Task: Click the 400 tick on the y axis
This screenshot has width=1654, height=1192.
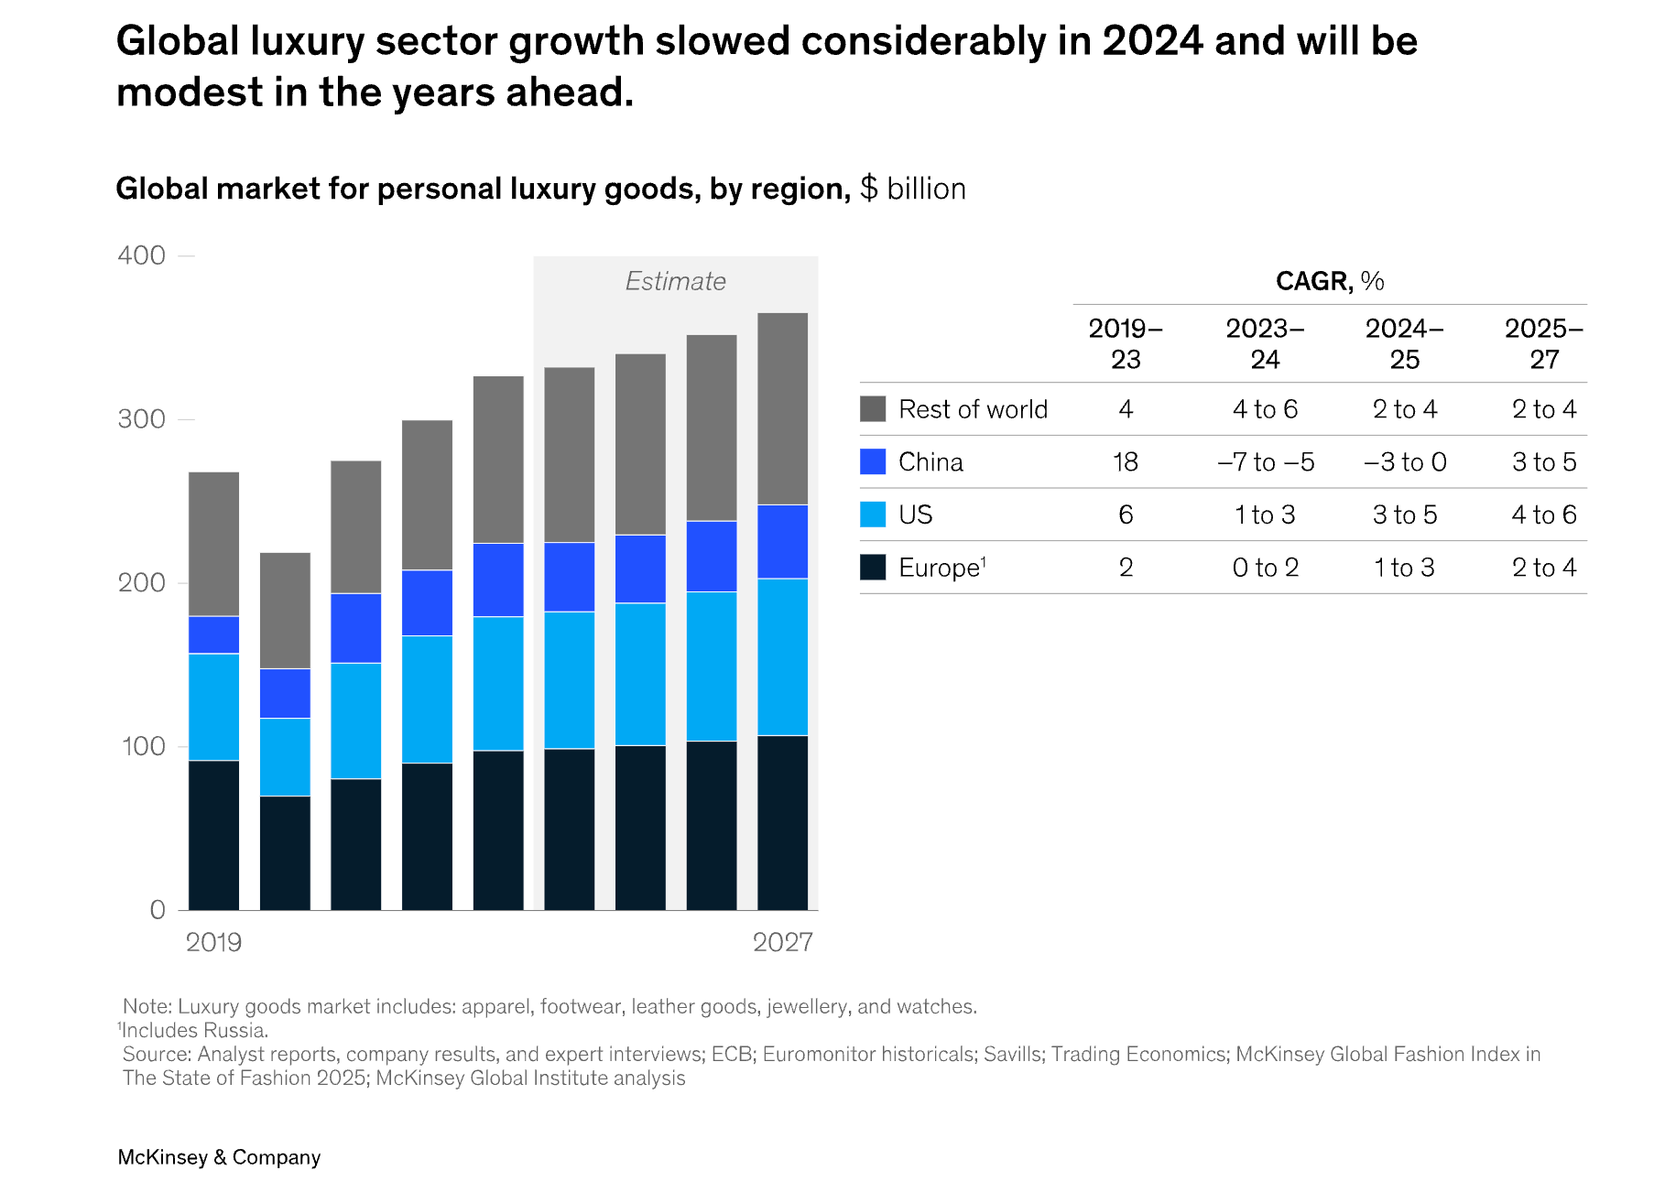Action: click(142, 255)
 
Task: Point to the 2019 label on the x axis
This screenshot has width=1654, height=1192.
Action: click(213, 942)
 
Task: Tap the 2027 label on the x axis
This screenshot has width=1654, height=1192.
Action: click(782, 942)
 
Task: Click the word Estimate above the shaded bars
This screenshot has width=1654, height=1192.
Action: click(675, 281)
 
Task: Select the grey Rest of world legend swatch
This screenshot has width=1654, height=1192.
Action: click(873, 409)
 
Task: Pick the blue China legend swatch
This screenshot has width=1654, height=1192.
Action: click(873, 461)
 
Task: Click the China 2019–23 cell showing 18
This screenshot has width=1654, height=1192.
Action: click(1126, 461)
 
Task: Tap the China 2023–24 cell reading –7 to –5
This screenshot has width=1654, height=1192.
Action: click(1266, 461)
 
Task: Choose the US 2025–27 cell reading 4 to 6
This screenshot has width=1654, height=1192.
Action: click(1544, 515)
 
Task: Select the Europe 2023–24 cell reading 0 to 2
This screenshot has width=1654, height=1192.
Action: click(1266, 568)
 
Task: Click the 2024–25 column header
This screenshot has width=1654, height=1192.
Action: click(1404, 343)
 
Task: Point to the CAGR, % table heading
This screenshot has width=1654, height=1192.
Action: click(1330, 281)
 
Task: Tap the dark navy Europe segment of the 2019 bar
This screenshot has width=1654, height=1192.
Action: click(213, 835)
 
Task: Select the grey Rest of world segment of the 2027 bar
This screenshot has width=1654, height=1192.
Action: click(782, 408)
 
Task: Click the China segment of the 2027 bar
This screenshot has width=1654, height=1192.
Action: click(782, 541)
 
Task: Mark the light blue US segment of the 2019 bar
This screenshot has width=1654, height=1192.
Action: click(213, 707)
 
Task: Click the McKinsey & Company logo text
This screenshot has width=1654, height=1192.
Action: click(219, 1157)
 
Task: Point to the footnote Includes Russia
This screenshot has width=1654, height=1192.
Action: click(194, 1030)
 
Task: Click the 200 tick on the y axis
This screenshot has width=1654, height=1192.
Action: click(142, 583)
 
